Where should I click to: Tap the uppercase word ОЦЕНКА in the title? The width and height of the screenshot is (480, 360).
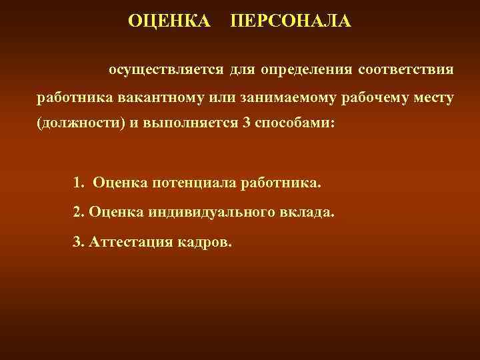click(x=169, y=21)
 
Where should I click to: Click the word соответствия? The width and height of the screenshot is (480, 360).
click(x=406, y=69)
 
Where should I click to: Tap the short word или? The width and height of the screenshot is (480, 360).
click(x=226, y=98)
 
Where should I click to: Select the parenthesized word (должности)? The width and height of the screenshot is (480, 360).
click(x=76, y=127)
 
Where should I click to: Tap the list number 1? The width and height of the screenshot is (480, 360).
click(x=78, y=182)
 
